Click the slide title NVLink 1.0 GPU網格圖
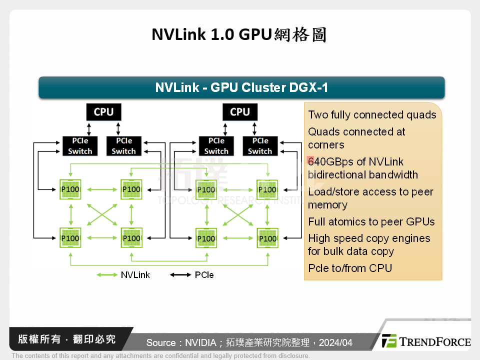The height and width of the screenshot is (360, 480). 239,35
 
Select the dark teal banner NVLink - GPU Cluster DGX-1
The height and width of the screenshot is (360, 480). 241,87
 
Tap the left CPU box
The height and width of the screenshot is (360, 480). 103,111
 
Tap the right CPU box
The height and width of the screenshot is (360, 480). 240,111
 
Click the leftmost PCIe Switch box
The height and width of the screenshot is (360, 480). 80,146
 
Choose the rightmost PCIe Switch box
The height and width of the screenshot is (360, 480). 260,146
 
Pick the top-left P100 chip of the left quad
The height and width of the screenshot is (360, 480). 70,189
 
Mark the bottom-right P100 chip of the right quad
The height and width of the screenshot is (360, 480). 267,238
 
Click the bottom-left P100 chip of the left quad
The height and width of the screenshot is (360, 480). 70,238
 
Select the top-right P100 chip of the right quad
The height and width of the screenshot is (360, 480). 267,189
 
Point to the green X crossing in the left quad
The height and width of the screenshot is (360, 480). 101,214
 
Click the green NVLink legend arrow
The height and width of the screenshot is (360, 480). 107,275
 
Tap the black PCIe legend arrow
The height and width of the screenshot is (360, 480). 180,275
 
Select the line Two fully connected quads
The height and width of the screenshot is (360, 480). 372,115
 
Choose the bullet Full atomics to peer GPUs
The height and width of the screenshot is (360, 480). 371,222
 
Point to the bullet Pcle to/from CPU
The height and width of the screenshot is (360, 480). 350,268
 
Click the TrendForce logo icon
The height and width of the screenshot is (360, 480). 389,341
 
